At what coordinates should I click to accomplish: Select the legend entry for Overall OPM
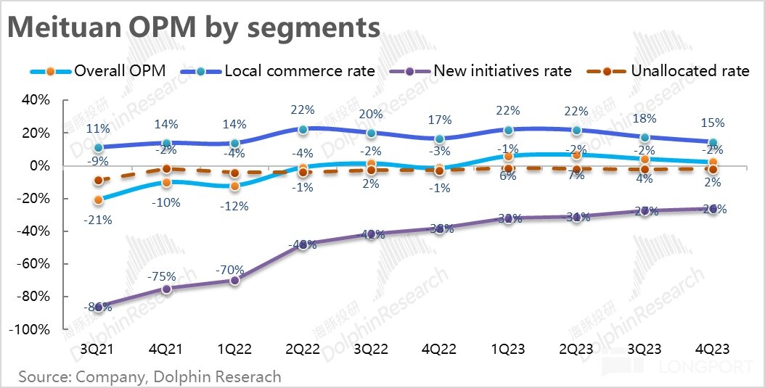(x=98, y=71)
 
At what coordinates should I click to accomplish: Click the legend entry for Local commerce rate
(x=279, y=71)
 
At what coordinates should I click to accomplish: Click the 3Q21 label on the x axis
(x=98, y=348)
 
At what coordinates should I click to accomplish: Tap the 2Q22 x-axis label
(x=303, y=348)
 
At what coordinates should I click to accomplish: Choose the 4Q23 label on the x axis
(x=713, y=348)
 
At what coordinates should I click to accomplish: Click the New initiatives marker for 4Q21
(x=166, y=289)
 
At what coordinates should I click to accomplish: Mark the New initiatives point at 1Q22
(x=234, y=280)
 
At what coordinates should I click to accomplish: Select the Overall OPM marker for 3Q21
(x=98, y=200)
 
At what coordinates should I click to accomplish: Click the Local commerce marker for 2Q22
(x=303, y=129)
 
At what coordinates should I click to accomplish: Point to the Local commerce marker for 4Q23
(x=713, y=143)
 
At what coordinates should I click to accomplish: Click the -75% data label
(x=166, y=276)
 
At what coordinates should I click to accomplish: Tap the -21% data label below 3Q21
(x=98, y=220)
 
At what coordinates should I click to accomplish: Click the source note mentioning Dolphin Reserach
(x=150, y=377)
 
